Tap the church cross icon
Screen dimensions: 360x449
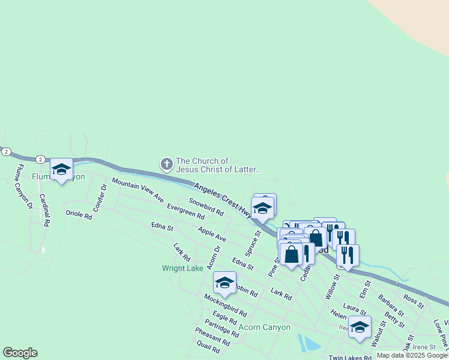166,163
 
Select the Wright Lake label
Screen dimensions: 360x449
182,268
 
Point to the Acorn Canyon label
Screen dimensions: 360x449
264,328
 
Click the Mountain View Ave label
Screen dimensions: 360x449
137,190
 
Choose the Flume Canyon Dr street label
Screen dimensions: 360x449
25,187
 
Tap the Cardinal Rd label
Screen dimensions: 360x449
44,209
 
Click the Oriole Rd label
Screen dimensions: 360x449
78,213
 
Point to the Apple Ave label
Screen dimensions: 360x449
212,234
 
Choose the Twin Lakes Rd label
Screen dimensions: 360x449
350,357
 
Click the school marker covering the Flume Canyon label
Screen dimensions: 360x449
61,170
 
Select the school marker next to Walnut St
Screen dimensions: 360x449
360,328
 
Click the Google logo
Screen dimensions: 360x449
20,353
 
